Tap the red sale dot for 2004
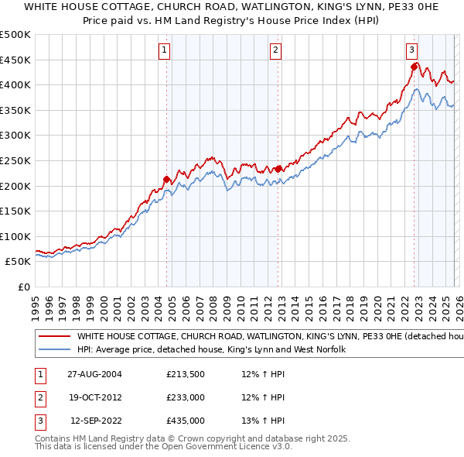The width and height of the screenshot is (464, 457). coord(167,179)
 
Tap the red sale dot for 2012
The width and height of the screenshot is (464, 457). coord(278,169)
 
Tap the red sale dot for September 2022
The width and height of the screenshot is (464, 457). coord(414,67)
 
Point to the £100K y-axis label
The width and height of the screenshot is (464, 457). coord(16,236)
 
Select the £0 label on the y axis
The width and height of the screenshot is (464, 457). coord(24,287)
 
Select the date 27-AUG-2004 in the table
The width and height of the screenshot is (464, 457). coord(94,374)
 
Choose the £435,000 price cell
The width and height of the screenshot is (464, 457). coord(186,421)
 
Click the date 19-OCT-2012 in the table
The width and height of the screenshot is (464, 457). coord(94,397)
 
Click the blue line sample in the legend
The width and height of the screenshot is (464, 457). coord(55,350)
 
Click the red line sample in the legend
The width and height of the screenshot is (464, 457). coord(55,337)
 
